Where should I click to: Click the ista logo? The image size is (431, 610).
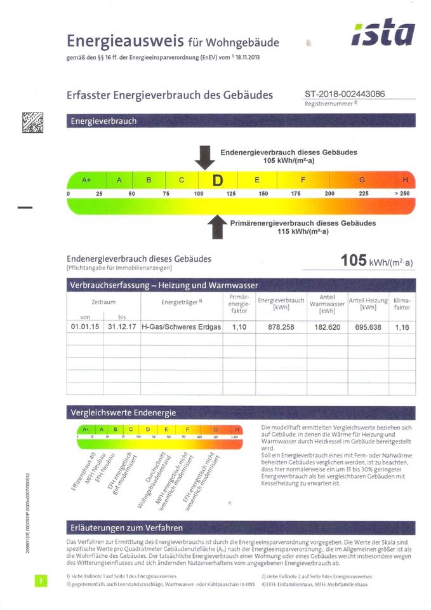[x=383, y=33]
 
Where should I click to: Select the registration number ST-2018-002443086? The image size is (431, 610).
[x=345, y=94]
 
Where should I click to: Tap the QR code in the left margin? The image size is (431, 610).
[x=33, y=121]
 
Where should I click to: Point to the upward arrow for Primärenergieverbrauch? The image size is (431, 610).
[x=217, y=226]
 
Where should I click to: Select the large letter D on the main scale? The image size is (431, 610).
[x=218, y=180]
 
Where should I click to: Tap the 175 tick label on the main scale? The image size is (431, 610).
[x=296, y=193]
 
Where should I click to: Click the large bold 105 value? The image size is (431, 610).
[x=353, y=261]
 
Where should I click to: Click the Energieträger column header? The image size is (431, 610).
[x=181, y=302]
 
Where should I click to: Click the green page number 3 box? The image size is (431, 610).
[x=40, y=580]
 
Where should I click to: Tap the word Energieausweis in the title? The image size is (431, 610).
[x=125, y=42]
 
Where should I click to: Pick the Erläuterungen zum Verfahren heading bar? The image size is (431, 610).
[x=241, y=527]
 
